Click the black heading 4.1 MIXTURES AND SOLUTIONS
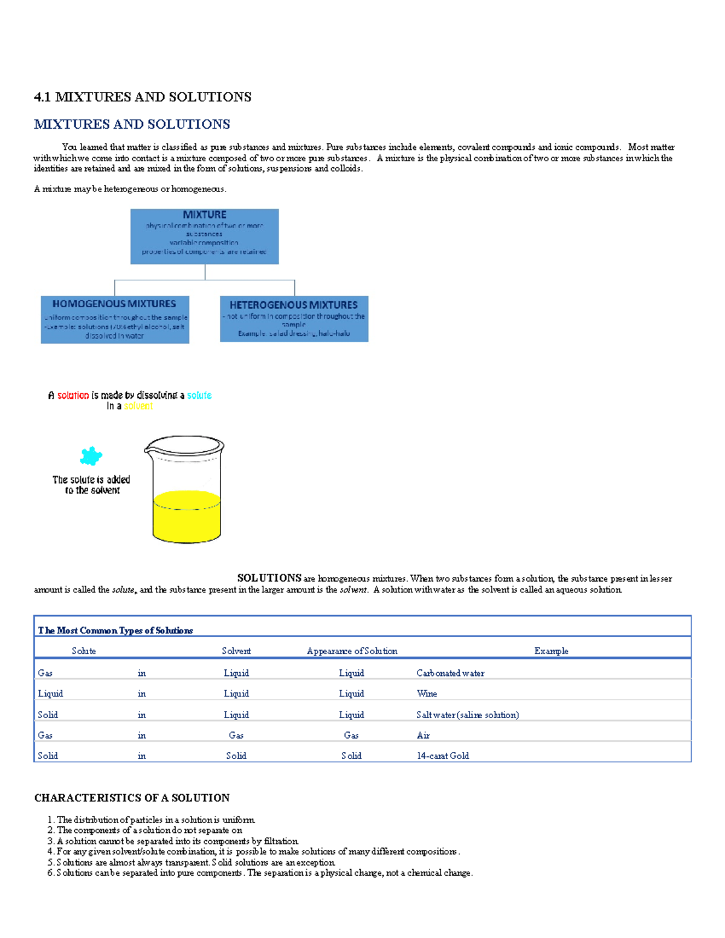(x=143, y=97)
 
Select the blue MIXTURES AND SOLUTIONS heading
(x=132, y=124)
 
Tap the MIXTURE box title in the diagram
(x=204, y=214)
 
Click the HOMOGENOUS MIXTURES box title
(x=114, y=304)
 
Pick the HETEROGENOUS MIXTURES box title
(x=294, y=305)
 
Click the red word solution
(x=73, y=396)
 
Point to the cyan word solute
(x=199, y=396)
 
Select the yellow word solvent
(x=138, y=406)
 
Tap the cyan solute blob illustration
(x=91, y=456)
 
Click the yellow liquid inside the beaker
(x=187, y=518)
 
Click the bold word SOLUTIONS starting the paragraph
(x=269, y=578)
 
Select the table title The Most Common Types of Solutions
(x=115, y=631)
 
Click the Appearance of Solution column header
(x=352, y=651)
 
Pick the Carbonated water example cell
(x=450, y=673)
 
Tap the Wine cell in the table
(x=427, y=694)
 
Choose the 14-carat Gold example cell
(x=442, y=756)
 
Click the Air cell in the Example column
(x=423, y=736)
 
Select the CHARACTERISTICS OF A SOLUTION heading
(x=132, y=798)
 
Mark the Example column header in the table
(x=551, y=651)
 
